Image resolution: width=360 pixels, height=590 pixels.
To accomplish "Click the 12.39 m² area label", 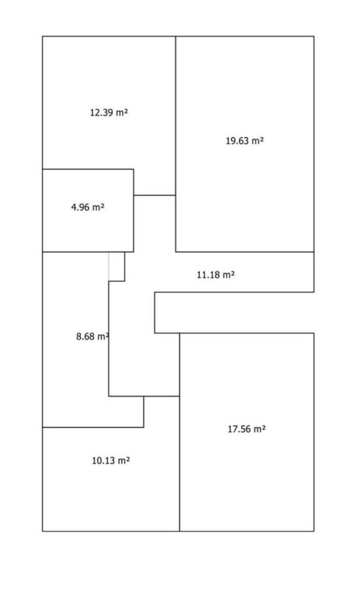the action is [x=109, y=113].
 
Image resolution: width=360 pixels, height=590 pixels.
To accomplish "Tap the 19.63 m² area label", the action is [x=245, y=141].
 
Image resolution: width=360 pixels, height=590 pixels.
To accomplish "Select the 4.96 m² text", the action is [x=88, y=207].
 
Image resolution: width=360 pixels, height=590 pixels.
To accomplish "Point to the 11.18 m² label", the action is [x=215, y=274].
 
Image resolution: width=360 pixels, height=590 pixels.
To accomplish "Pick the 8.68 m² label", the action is [x=93, y=336].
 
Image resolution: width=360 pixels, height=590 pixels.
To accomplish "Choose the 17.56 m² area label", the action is [x=246, y=429].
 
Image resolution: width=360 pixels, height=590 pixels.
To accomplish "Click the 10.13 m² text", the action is [x=111, y=460].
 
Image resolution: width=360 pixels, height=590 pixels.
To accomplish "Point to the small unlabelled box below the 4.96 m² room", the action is [x=117, y=266].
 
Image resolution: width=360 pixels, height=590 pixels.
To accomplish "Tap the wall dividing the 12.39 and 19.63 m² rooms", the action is [x=176, y=116].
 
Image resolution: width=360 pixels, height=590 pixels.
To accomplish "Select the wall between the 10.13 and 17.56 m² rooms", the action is [x=179, y=464].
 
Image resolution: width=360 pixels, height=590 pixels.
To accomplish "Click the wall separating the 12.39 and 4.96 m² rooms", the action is [x=88, y=169].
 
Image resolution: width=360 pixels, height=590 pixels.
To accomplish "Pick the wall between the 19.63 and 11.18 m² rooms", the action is [x=245, y=251].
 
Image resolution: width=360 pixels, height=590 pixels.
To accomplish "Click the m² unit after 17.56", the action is [x=259, y=429].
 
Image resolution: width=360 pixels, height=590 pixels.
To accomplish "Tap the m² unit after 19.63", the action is [x=257, y=141].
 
